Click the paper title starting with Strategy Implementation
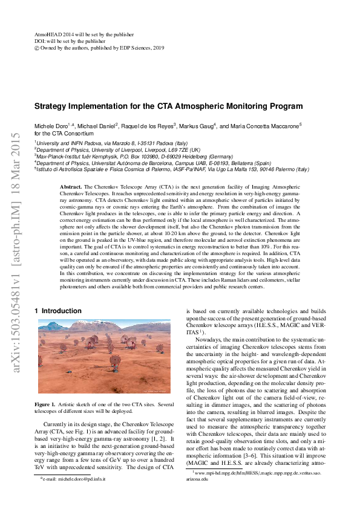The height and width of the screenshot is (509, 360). pyautogui.click(x=168, y=106)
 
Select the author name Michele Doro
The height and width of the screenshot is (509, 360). pyautogui.click(x=50, y=125)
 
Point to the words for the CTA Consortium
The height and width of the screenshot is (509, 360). pyautogui.click(x=64, y=133)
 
